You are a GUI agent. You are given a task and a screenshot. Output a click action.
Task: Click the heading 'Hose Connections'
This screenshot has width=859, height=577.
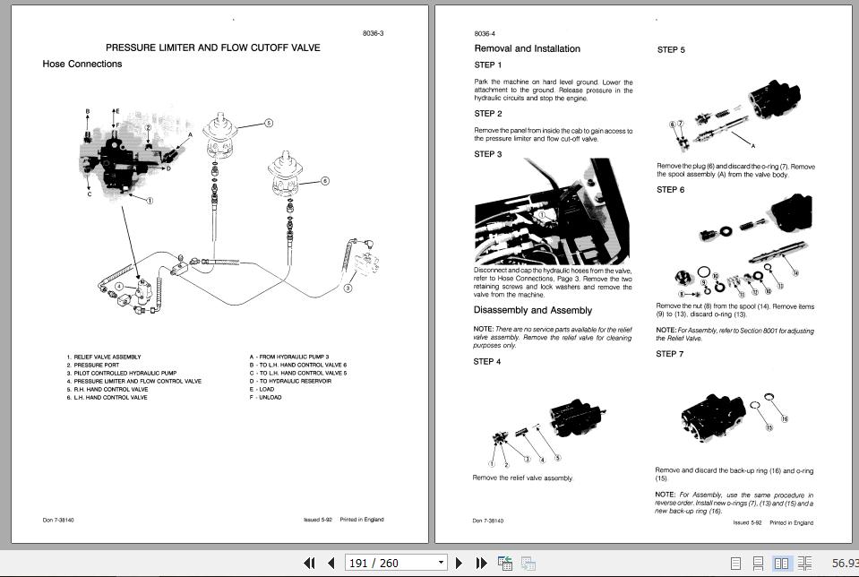coord(82,65)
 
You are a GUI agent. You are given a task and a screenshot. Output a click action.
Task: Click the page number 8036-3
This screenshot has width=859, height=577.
coord(374,33)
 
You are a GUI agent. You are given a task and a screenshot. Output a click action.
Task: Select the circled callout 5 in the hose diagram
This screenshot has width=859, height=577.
coord(268,123)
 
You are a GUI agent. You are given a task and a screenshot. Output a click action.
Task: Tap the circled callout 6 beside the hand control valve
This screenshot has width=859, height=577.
coord(324,180)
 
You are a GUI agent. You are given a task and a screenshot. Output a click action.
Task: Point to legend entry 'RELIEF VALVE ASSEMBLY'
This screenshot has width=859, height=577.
coord(107,357)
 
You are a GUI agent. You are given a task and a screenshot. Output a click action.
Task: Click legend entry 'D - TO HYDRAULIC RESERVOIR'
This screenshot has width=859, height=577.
coord(290,382)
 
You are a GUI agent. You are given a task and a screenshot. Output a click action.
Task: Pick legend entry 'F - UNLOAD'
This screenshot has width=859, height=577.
coord(265,398)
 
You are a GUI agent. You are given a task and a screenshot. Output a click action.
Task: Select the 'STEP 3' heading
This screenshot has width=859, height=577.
coord(488,154)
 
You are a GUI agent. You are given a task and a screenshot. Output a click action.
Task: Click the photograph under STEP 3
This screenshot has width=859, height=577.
coord(553,211)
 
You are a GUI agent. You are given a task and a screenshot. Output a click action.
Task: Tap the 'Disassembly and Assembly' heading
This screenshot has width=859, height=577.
coord(533,311)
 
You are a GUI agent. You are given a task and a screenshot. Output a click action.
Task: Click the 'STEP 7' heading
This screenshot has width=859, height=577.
coord(670,354)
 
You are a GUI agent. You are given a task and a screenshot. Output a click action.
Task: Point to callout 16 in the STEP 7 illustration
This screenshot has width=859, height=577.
coord(784,419)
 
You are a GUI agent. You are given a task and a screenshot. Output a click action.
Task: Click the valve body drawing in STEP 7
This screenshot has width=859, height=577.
coord(712,417)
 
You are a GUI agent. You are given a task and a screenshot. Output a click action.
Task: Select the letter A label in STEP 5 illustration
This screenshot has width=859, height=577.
coord(752,144)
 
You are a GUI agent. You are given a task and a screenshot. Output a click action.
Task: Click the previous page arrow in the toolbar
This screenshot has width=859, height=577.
coord(331,563)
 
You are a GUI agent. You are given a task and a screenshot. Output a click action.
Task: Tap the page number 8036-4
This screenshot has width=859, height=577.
coord(485,34)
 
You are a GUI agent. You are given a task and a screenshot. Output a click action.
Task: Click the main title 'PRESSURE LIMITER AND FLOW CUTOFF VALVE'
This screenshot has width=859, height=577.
coord(212,47)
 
